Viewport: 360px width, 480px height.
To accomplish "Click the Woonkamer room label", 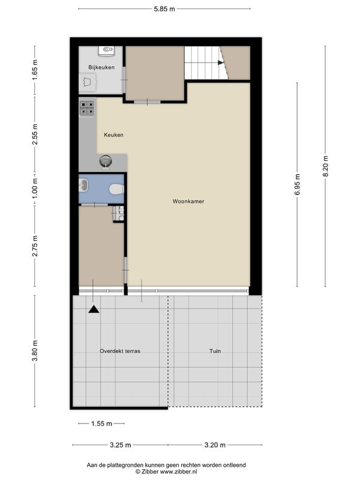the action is [188, 201].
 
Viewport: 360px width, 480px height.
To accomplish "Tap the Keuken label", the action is [113, 134].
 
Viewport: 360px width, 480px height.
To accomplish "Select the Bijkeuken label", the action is [101, 67].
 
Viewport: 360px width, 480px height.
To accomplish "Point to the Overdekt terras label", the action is [120, 351].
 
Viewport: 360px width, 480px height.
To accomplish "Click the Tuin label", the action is [215, 351].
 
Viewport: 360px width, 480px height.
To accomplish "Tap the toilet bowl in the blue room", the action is [117, 189].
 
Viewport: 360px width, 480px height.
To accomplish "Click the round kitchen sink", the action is [106, 161].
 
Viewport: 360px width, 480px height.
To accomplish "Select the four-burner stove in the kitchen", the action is [87, 109].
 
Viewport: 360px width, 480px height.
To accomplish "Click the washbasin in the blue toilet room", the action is [83, 185].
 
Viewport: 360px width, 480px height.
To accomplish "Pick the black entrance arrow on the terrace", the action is [94, 310].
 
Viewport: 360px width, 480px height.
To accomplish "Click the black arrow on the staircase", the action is [221, 62].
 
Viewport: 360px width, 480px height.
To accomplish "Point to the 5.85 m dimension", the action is [164, 9].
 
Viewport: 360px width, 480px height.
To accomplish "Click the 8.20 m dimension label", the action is [325, 166].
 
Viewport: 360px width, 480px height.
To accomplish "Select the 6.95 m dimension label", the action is [297, 184].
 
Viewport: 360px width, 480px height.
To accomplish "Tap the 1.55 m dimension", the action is [101, 424].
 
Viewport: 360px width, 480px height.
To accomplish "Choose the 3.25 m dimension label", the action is [121, 445].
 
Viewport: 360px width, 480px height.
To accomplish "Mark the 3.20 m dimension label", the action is [215, 445].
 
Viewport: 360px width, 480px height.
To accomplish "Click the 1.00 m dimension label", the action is [35, 188].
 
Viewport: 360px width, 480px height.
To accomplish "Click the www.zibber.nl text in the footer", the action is [178, 472].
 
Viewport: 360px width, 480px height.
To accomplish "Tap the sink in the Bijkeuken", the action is [106, 50].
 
